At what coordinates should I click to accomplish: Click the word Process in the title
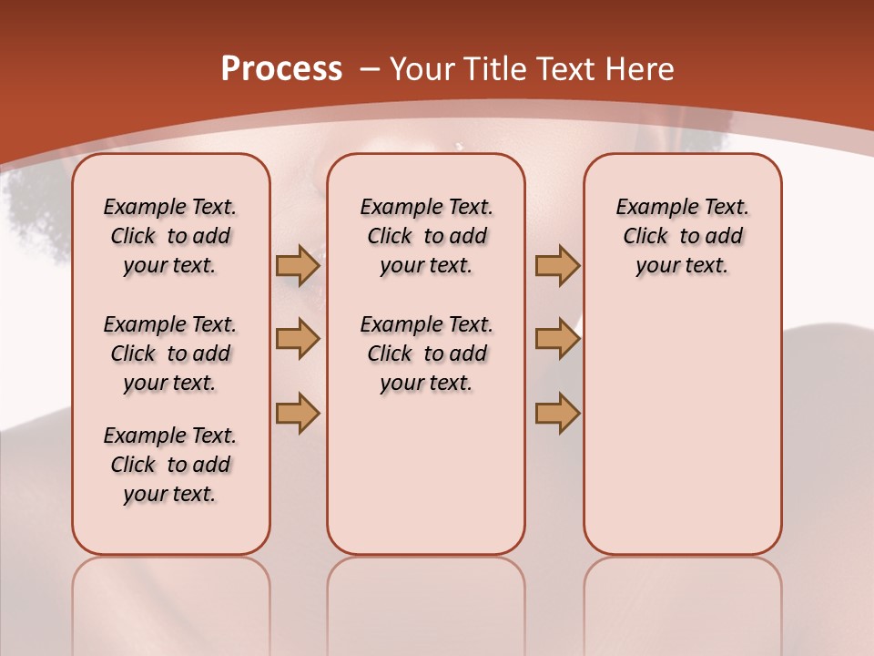281,68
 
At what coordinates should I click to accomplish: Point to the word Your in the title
423,68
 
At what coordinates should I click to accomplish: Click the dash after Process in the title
369,69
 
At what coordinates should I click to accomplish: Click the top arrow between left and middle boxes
298,265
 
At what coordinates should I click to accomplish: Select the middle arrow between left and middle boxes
298,339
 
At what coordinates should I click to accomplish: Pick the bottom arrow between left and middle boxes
298,413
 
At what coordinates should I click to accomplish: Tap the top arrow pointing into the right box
557,265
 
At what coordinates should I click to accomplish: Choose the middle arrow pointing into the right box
557,339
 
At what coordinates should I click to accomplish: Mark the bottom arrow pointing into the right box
557,413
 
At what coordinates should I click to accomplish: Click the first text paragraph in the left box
170,236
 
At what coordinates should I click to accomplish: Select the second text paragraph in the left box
170,354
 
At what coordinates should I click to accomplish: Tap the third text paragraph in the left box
170,465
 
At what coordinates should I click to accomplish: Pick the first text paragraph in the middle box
426,236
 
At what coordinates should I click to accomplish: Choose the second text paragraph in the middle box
426,354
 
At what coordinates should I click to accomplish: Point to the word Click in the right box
645,237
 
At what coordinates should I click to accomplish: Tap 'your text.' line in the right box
682,266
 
